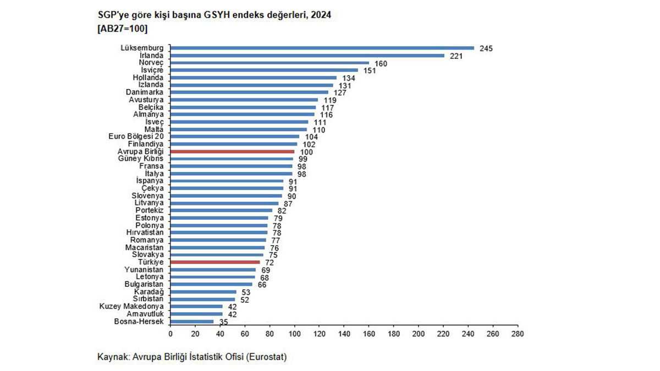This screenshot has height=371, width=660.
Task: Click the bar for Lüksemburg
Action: [322, 48]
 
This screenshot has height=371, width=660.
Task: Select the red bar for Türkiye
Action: [215, 262]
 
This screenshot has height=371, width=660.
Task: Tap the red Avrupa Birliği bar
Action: [232, 151]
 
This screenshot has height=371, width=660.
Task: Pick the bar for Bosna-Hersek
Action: [192, 322]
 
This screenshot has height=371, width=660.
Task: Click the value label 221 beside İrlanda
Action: [456, 56]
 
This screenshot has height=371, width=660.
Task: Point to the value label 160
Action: [381, 63]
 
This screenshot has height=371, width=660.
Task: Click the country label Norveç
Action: [152, 63]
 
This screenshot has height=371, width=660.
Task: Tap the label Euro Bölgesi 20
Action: [137, 136]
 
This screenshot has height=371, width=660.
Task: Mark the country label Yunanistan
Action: [144, 270]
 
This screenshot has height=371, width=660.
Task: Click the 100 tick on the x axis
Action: [295, 334]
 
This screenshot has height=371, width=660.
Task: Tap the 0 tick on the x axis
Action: [170, 334]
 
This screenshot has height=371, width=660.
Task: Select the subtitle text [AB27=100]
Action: [122, 27]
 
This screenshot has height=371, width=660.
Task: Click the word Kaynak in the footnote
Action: [112, 357]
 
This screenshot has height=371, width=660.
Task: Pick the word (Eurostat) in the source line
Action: [267, 357]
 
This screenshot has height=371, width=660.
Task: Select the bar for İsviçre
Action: [264, 70]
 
